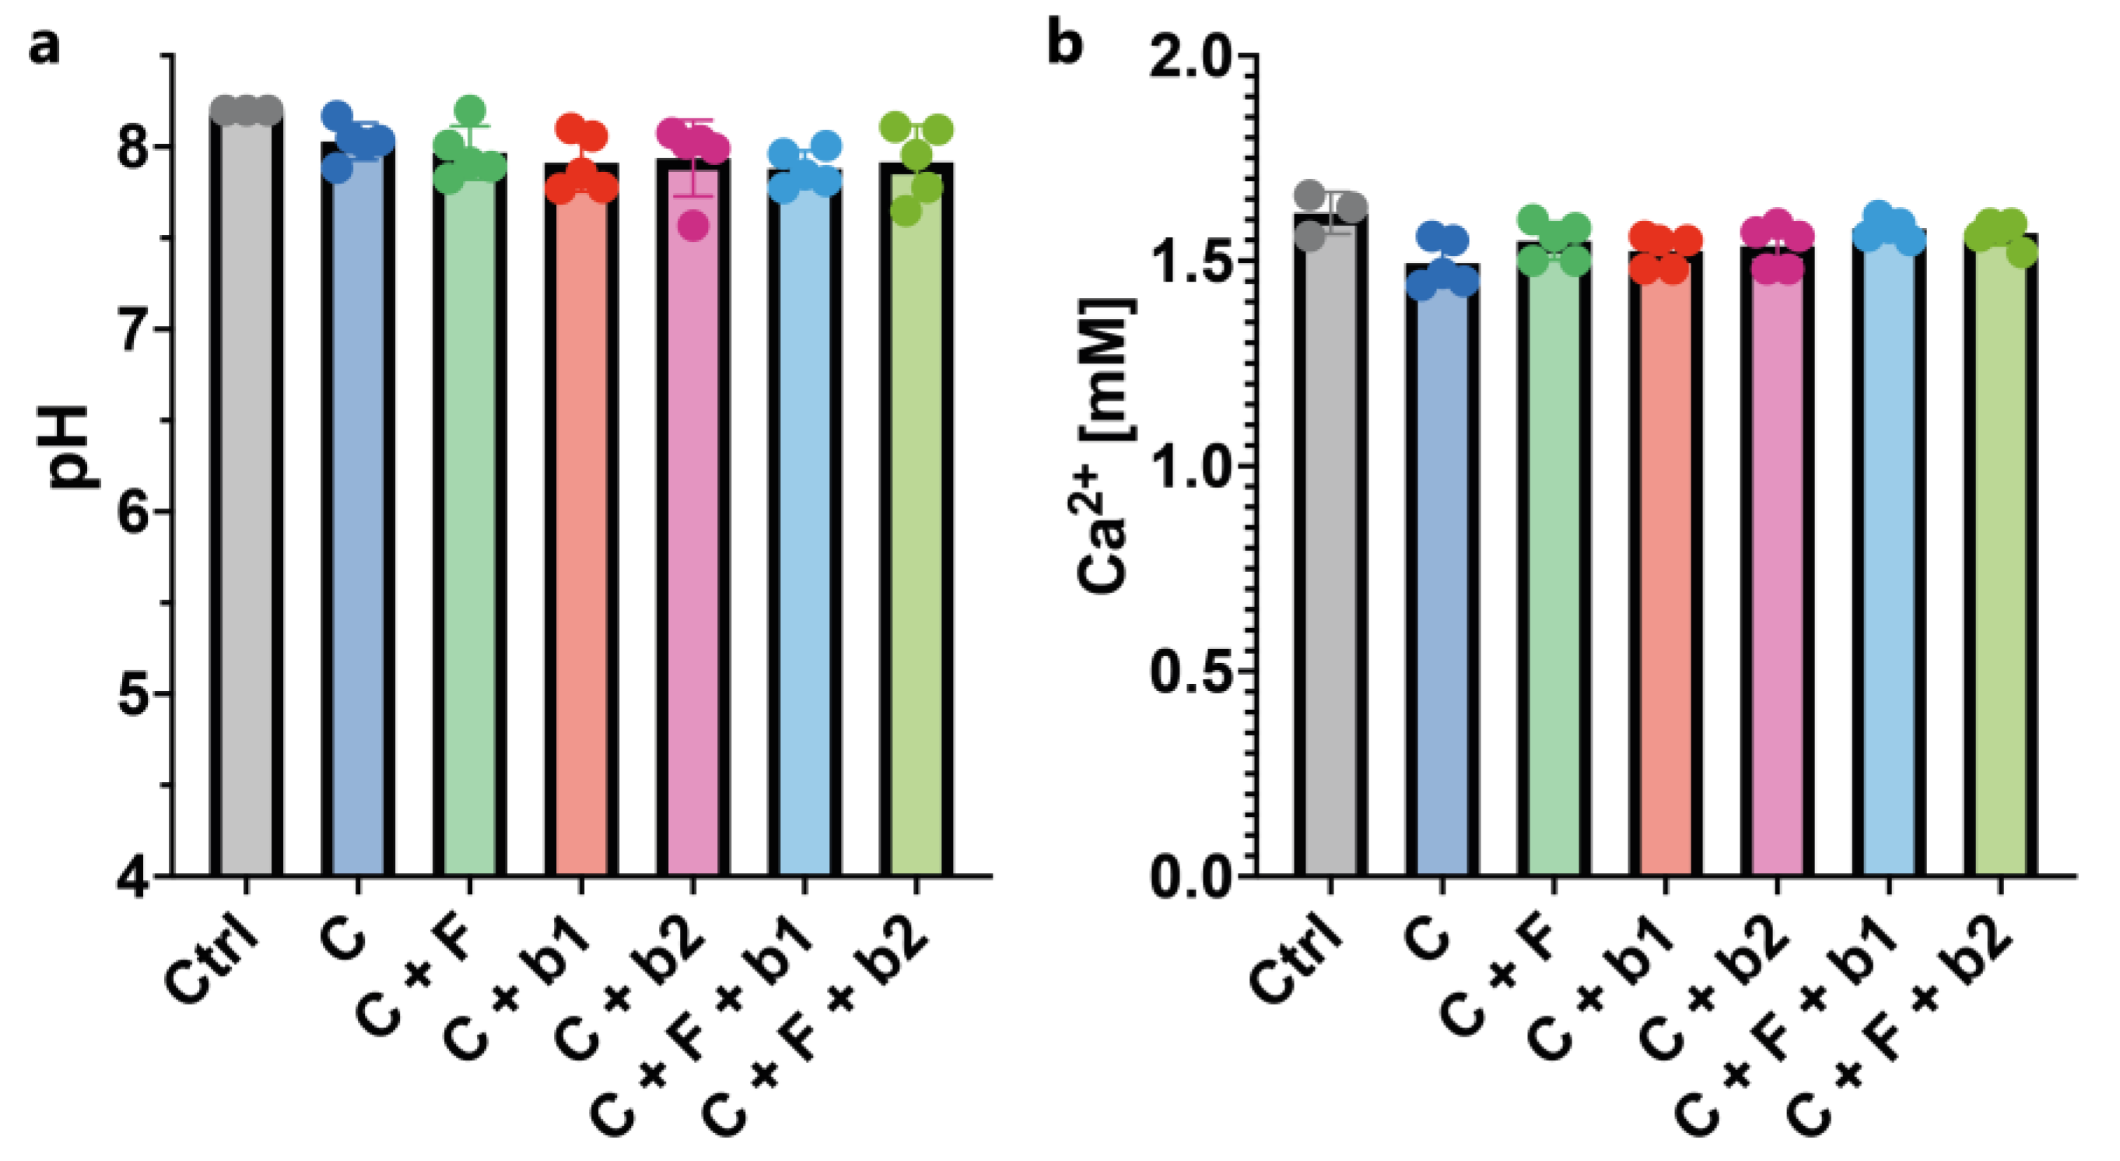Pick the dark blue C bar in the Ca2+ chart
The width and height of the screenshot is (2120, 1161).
[1441, 577]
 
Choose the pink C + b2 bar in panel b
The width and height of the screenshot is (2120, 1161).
[1777, 568]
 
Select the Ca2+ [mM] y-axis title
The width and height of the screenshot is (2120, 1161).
[1103, 444]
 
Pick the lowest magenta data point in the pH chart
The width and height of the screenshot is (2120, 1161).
[693, 225]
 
